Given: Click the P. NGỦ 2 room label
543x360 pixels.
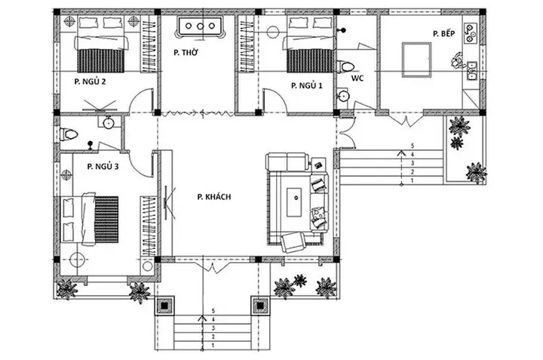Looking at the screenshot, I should tap(89, 80).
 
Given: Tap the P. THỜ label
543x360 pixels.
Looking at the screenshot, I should tap(186, 53).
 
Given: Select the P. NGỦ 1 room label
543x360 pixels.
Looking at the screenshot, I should tap(306, 86).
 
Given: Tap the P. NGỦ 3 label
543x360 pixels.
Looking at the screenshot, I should tap(103, 165).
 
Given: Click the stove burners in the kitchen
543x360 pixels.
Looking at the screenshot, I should tap(472, 33).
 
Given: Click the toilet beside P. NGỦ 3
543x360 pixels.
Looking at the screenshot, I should tap(70, 135).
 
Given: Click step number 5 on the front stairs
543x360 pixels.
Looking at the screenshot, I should tap(215, 309).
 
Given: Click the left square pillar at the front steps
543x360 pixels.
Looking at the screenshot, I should tap(164, 306).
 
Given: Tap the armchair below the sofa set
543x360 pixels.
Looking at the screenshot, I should tap(291, 242).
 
